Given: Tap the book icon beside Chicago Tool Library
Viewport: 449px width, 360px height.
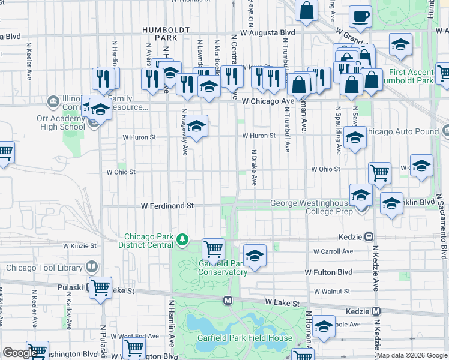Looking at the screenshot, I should pos(92,266).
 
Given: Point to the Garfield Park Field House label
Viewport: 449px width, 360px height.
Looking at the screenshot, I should pos(245,338).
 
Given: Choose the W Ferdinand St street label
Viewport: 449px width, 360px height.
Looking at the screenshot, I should pos(167,205).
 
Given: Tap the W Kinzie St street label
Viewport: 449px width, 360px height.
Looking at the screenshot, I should pos(80,246).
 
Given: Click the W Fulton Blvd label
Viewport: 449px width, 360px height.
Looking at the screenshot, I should pos(328,272).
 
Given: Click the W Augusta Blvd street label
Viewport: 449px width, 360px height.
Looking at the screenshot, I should pos(268,32).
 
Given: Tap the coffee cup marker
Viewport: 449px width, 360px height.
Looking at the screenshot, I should pos(360,18).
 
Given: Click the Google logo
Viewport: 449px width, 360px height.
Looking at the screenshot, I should pos(20,353).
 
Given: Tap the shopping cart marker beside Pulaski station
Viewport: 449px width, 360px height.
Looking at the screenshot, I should pos(100,288).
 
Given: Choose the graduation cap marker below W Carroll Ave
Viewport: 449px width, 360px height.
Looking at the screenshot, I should pos(255,255).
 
